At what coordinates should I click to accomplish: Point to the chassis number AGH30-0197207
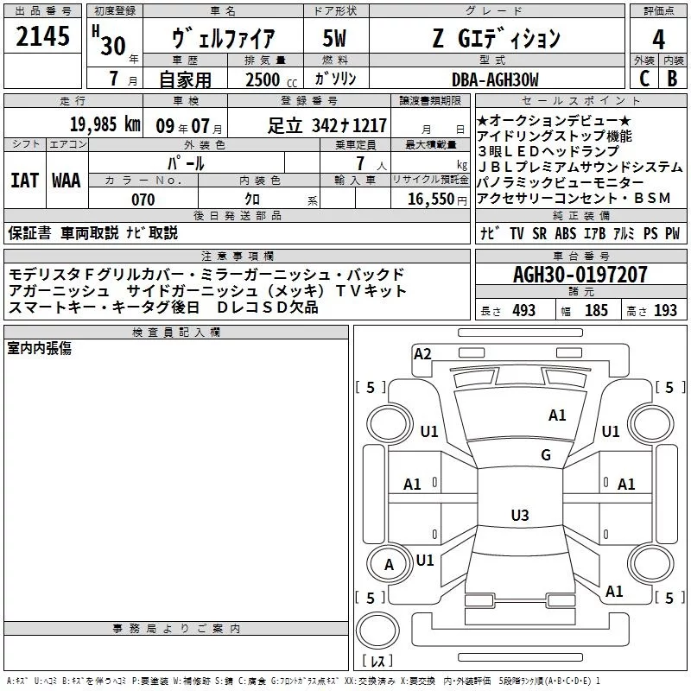(x=580, y=276)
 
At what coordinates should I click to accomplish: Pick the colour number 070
(x=143, y=200)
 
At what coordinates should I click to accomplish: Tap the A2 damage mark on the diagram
(x=422, y=352)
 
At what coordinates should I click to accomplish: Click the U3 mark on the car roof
(x=519, y=516)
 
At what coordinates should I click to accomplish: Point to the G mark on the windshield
(x=546, y=455)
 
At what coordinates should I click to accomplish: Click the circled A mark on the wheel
(x=389, y=565)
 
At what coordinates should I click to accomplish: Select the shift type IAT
(x=24, y=181)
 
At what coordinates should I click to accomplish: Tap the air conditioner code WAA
(x=66, y=181)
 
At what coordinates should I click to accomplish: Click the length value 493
(x=523, y=311)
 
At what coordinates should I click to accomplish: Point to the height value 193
(x=665, y=311)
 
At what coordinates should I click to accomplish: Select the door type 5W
(x=336, y=39)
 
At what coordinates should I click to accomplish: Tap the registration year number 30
(x=112, y=45)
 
